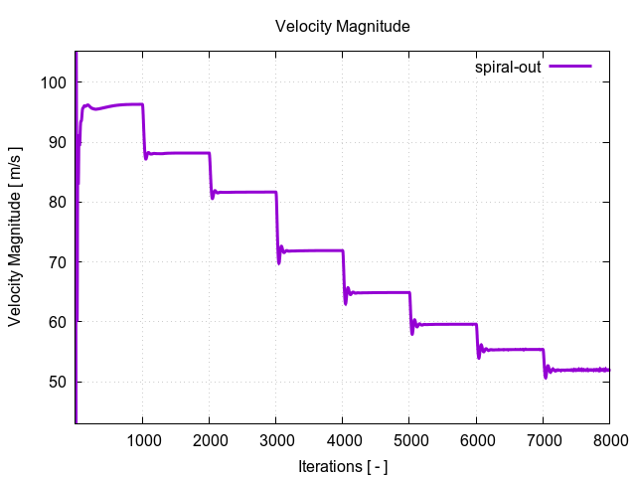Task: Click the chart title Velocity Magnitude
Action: (x=343, y=27)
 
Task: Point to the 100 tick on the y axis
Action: (x=54, y=82)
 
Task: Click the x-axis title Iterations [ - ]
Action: (x=343, y=465)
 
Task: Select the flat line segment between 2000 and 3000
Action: (x=244, y=192)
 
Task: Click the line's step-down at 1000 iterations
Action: (x=144, y=129)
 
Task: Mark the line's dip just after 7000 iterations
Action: (x=546, y=376)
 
